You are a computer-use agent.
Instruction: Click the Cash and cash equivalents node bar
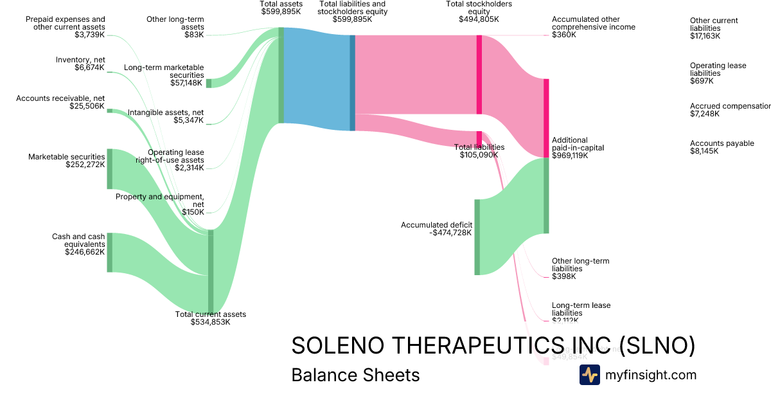tap(110, 253)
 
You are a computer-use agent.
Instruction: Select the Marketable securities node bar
tap(110, 168)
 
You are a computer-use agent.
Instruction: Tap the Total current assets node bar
tap(211, 270)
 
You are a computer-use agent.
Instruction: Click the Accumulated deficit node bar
tap(477, 237)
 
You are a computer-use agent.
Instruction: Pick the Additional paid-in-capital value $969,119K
tap(570, 156)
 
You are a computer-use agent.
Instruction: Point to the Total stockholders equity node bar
tap(479, 75)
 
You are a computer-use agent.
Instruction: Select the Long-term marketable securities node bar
tap(209, 83)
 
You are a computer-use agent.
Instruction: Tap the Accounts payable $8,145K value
tap(704, 151)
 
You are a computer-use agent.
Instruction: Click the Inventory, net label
tap(80, 60)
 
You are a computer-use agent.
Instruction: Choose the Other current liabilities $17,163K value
tap(705, 36)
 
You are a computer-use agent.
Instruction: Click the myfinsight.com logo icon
tap(589, 375)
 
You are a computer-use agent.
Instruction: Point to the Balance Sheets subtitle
tap(355, 375)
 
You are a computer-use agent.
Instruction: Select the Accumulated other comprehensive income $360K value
tap(564, 35)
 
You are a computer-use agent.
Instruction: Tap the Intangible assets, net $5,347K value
tap(188, 120)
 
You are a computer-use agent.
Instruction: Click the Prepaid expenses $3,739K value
tap(89, 35)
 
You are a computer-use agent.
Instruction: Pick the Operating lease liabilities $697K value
tap(702, 81)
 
